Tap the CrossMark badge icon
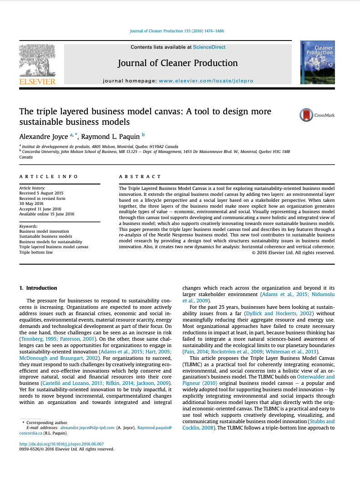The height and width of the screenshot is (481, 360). pyautogui.click(x=306, y=115)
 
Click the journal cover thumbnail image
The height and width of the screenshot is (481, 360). pyautogui.click(x=317, y=62)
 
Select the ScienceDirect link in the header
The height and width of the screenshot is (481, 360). pyautogui.click(x=209, y=47)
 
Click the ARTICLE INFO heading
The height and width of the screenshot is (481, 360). pyautogui.click(x=49, y=176)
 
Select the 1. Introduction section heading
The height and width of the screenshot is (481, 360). pyautogui.click(x=38, y=288)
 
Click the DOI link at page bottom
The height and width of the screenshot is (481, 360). pyautogui.click(x=61, y=443)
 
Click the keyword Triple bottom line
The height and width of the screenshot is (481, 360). pyautogui.click(x=36, y=252)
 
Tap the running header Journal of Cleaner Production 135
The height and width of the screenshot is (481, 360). pyautogui.click(x=177, y=31)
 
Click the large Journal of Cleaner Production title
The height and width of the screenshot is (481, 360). pyautogui.click(x=177, y=63)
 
